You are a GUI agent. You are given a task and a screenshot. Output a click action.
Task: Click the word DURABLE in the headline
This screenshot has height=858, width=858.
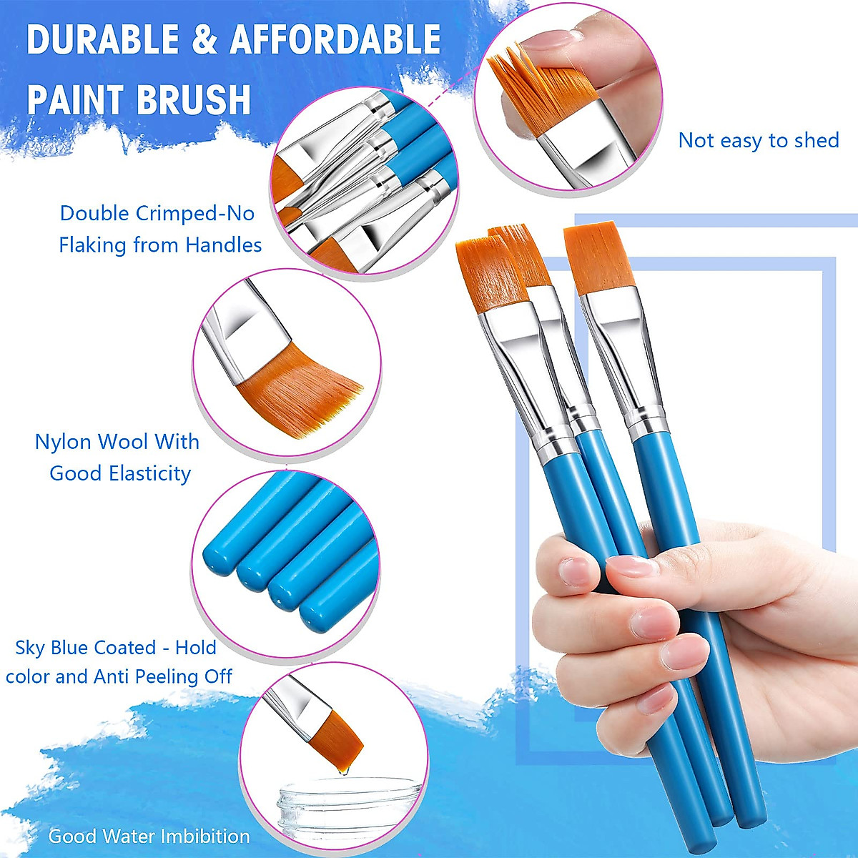pyautogui.click(x=102, y=39)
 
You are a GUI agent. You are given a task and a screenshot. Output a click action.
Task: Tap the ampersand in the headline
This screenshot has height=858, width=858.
pyautogui.click(x=204, y=39)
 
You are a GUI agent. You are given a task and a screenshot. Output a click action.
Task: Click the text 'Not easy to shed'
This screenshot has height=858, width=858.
pyautogui.click(x=758, y=140)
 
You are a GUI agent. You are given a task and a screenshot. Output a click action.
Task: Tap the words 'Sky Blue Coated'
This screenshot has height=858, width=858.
pyautogui.click(x=85, y=648)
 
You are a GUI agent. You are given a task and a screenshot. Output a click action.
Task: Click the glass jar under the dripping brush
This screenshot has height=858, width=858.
pyautogui.click(x=336, y=808)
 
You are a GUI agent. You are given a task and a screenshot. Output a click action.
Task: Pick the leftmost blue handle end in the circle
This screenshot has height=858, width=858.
pyautogui.click(x=218, y=558)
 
